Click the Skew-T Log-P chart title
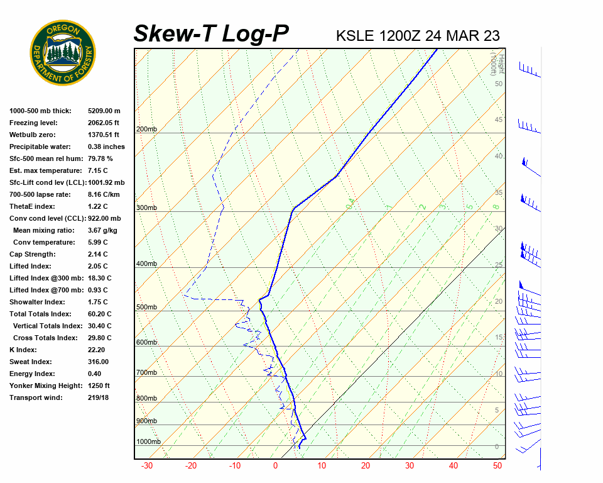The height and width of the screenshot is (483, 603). coord(212,33)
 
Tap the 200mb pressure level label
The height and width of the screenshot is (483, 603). coord(146,130)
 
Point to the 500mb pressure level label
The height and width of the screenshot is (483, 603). coord(146,307)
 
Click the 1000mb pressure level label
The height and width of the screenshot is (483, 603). coord(148,441)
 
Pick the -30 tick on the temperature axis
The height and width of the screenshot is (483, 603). coord(147,466)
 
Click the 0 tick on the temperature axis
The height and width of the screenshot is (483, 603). coord(275,466)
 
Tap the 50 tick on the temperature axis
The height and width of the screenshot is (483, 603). coord(497,466)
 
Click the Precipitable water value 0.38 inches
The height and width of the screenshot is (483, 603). coord(106,147)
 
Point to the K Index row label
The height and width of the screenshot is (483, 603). coord(23,350)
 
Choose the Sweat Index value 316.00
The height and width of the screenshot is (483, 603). coord(98,362)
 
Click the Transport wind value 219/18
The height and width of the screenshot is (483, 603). coord(98,397)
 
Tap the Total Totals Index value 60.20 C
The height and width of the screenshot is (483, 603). coord(99,314)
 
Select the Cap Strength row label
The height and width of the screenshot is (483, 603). coord(32,254)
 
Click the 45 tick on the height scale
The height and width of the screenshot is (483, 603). coord(499,120)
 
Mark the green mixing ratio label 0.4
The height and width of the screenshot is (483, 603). coord(351,202)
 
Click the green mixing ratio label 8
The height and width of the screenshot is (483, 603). coord(495,206)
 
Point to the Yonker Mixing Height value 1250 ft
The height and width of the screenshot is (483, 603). coord(99,386)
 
